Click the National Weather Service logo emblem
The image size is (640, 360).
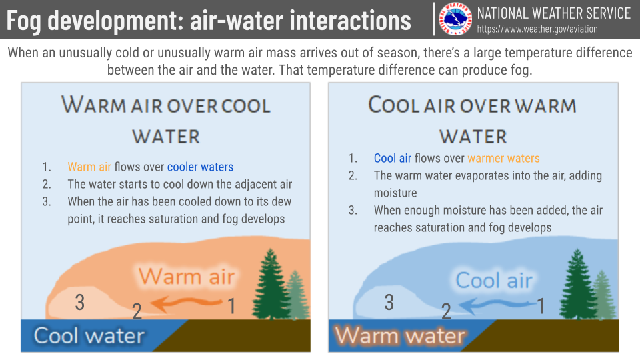[x=455, y=19]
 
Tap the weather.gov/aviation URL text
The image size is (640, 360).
[x=537, y=29]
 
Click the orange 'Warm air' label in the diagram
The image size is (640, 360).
[x=187, y=276]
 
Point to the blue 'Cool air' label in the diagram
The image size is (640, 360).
[x=494, y=281]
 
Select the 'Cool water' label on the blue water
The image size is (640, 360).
[x=89, y=335]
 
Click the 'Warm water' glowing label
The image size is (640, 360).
[x=399, y=335]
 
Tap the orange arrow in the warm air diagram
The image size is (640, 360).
[x=187, y=304]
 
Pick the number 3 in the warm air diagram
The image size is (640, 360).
[x=80, y=303]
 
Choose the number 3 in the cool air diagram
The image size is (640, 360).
[x=389, y=303]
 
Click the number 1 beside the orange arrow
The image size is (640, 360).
[x=231, y=306]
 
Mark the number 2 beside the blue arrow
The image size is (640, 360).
[x=446, y=311]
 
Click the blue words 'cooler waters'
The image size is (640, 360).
[x=201, y=167]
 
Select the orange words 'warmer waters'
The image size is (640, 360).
[x=504, y=159]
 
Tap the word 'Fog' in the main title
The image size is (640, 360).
[x=24, y=21]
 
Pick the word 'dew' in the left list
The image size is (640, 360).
[x=281, y=201]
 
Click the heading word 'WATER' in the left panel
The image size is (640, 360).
[x=166, y=137]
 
